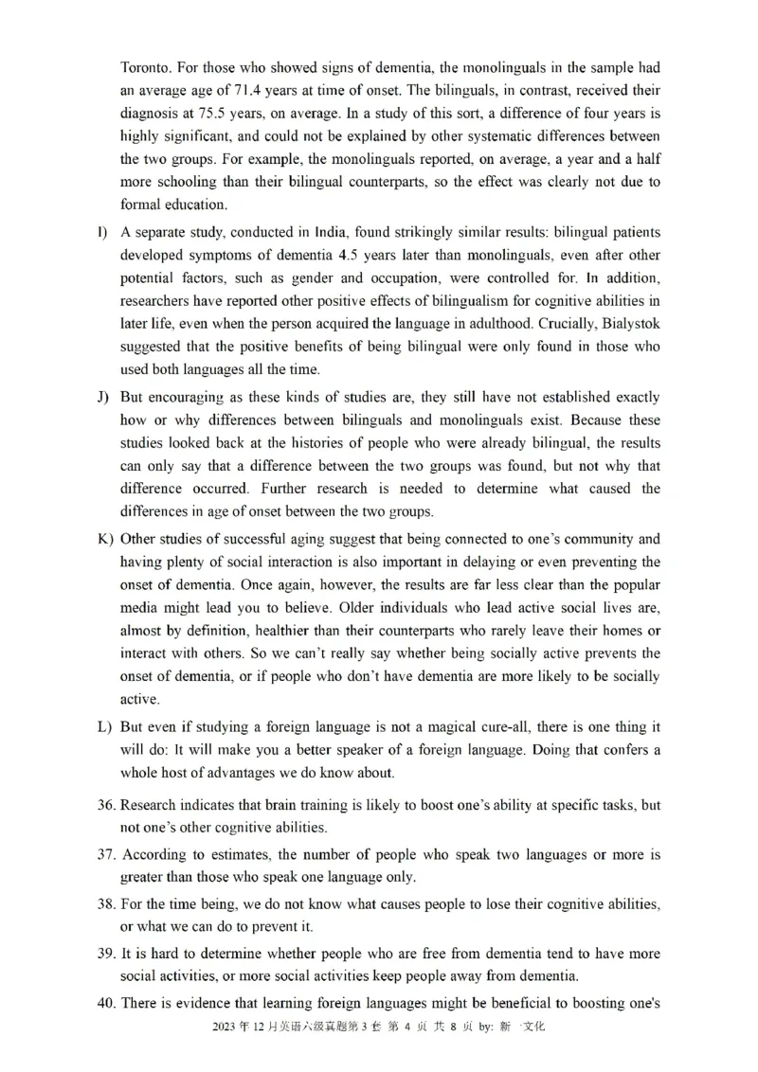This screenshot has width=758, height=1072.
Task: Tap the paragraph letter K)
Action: point(104,539)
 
